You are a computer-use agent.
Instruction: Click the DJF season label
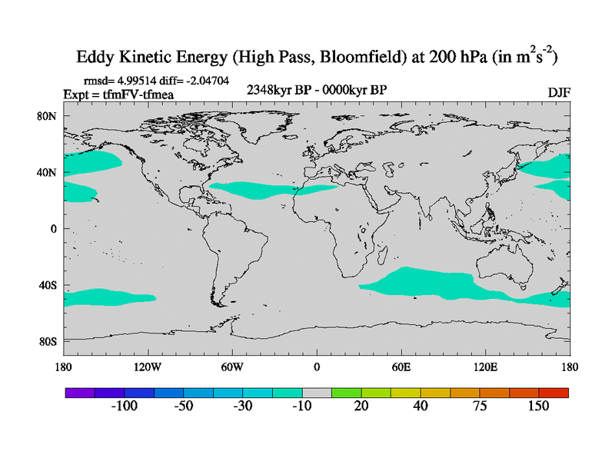pyautogui.click(x=558, y=92)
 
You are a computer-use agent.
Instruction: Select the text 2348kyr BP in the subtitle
pyautogui.click(x=278, y=91)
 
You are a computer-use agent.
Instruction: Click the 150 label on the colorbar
pyautogui.click(x=537, y=406)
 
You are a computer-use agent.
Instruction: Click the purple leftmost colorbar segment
pyautogui.click(x=79, y=392)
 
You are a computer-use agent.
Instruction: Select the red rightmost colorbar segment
pyautogui.click(x=553, y=392)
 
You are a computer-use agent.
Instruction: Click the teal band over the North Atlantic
pyautogui.click(x=277, y=187)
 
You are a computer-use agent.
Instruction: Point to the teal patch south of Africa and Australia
pyautogui.click(x=430, y=284)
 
